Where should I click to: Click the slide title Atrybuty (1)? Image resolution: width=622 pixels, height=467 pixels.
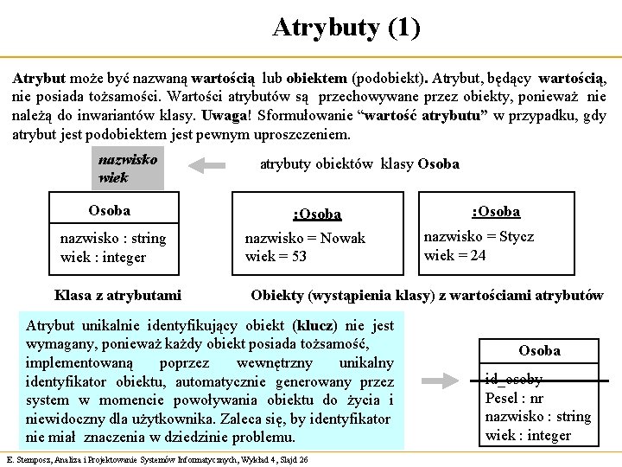pos(346,28)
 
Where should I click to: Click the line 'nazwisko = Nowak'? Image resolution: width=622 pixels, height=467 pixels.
pos(305,238)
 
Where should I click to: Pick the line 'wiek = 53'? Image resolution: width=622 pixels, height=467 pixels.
pos(276,256)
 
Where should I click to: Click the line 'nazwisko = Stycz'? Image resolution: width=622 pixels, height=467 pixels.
pos(479,236)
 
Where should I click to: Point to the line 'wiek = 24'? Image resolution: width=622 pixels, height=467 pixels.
pos(454,254)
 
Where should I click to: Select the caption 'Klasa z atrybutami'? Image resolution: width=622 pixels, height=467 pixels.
pos(117,295)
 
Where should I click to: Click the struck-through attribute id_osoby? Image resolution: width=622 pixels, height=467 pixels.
pos(514,379)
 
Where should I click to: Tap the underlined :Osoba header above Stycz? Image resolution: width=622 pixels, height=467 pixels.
pos(495,211)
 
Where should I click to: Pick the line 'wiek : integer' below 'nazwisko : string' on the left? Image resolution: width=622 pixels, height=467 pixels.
pos(103,257)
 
